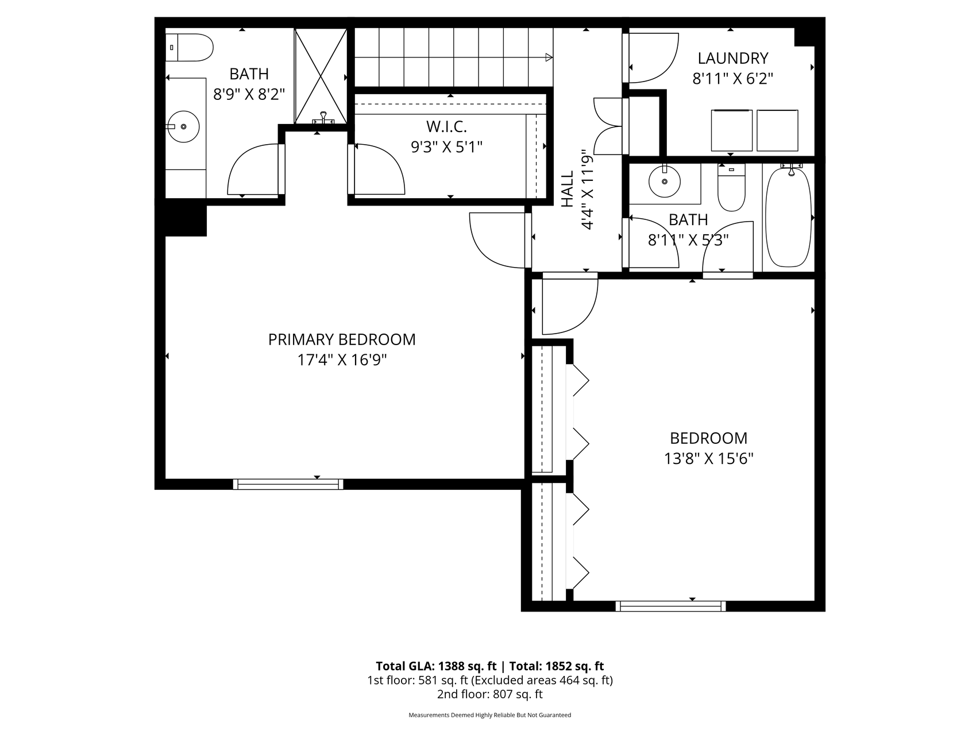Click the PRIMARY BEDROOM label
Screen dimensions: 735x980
(x=342, y=339)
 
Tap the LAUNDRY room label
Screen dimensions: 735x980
(x=732, y=58)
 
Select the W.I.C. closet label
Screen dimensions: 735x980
(x=446, y=126)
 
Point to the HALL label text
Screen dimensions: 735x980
(x=568, y=189)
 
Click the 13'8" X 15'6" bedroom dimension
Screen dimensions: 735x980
(x=708, y=459)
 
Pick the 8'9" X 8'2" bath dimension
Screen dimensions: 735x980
(x=249, y=94)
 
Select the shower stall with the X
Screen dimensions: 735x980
(x=321, y=76)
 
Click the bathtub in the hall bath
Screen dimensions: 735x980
(x=788, y=217)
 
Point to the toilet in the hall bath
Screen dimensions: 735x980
(x=731, y=187)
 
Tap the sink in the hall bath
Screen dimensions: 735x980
(x=665, y=181)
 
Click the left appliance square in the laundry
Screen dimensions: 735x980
(x=731, y=130)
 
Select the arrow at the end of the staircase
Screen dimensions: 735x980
(x=549, y=57)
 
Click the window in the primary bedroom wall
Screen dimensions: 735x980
(x=288, y=484)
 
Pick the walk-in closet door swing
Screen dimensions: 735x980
(x=379, y=169)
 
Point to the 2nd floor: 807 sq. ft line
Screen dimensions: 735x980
(x=489, y=694)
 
